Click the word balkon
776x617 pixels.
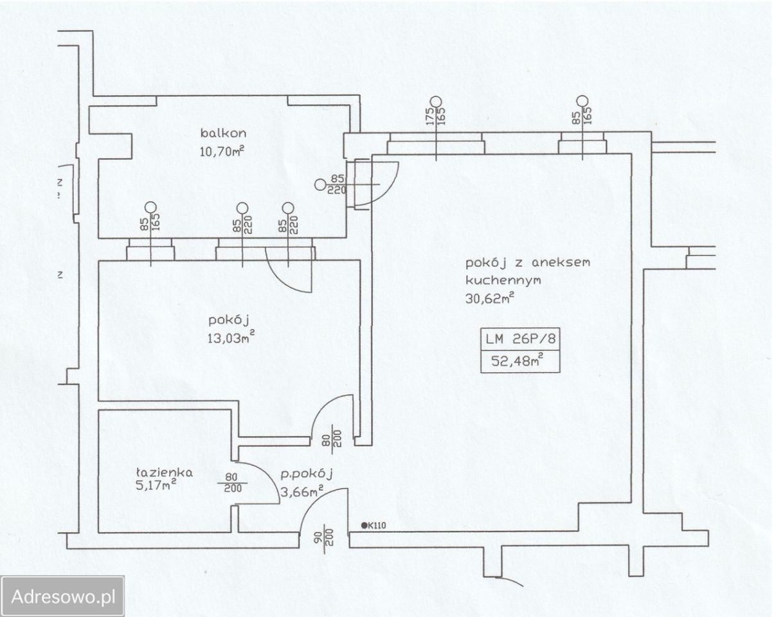click(223, 133)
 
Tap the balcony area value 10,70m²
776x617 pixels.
click(222, 151)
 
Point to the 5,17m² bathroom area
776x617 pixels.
click(156, 485)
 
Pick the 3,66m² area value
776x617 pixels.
click(302, 492)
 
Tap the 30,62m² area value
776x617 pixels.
click(489, 298)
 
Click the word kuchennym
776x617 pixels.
click(503, 280)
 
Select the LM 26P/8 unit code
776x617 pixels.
click(520, 339)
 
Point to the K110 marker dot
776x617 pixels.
click(364, 526)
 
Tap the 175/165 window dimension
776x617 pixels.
click(436, 116)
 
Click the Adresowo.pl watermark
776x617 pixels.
click(63, 596)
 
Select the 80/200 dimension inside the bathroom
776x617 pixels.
click(233, 483)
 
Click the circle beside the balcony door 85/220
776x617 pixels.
click(320, 184)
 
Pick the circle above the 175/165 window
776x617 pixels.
click(436, 102)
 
